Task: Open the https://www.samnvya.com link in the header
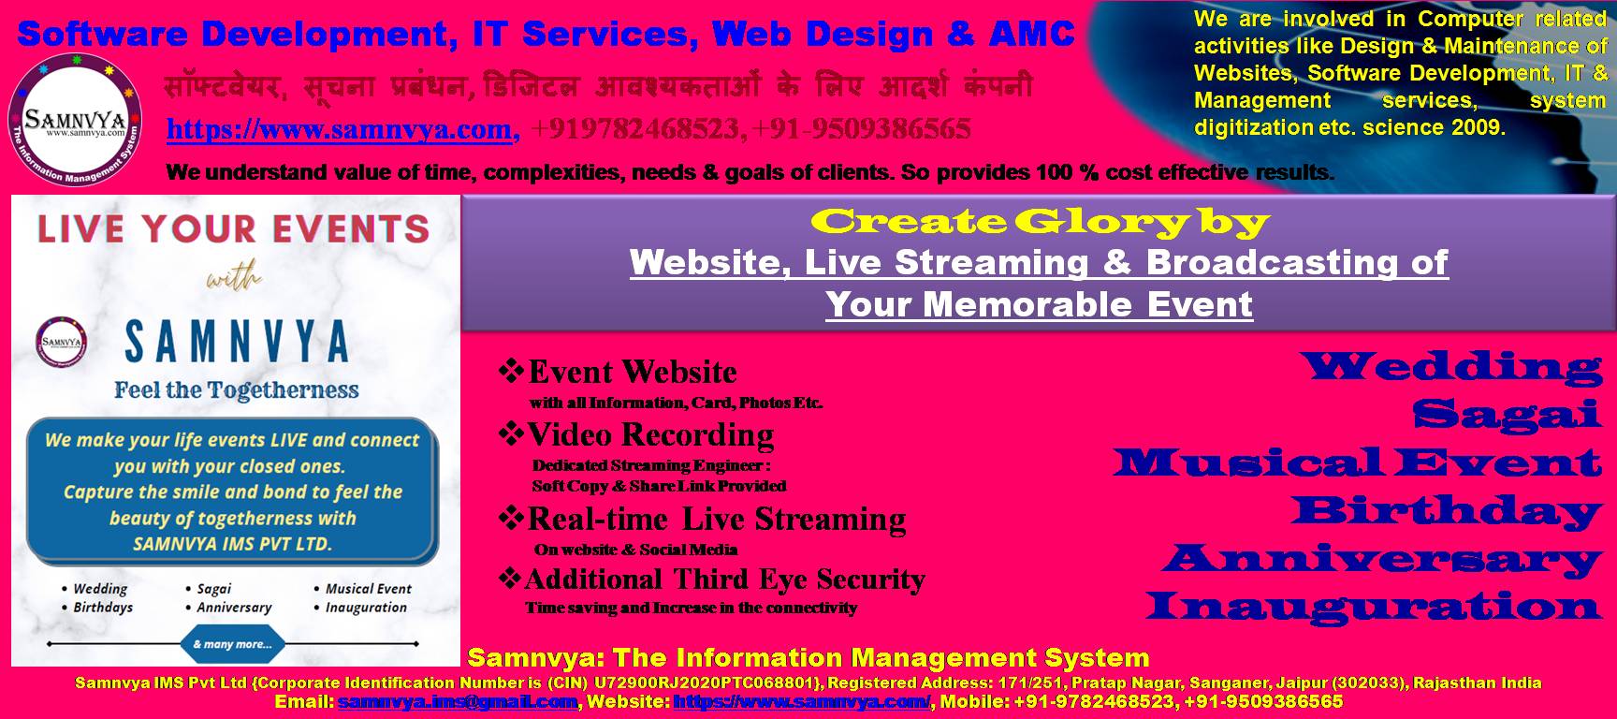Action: [x=339, y=129]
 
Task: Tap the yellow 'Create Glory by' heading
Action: [x=1040, y=222]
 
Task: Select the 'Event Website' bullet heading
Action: [x=633, y=373]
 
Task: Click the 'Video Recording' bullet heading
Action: [x=650, y=435]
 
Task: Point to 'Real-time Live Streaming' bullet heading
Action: [x=717, y=519]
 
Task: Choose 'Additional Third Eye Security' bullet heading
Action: [x=725, y=580]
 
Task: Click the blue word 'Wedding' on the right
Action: [x=1454, y=366]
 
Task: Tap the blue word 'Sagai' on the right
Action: [x=1507, y=413]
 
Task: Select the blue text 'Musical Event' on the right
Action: [x=1357, y=462]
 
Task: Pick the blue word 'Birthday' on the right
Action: [x=1448, y=510]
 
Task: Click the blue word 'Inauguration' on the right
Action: [x=1374, y=606]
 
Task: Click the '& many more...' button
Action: [x=232, y=644]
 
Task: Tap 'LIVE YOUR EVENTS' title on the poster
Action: [x=233, y=228]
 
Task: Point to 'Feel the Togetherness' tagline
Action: [x=237, y=390]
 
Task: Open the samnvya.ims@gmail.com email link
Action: [x=458, y=701]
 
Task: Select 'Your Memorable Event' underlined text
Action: [x=1039, y=304]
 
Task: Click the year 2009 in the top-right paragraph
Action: [x=1478, y=127]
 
